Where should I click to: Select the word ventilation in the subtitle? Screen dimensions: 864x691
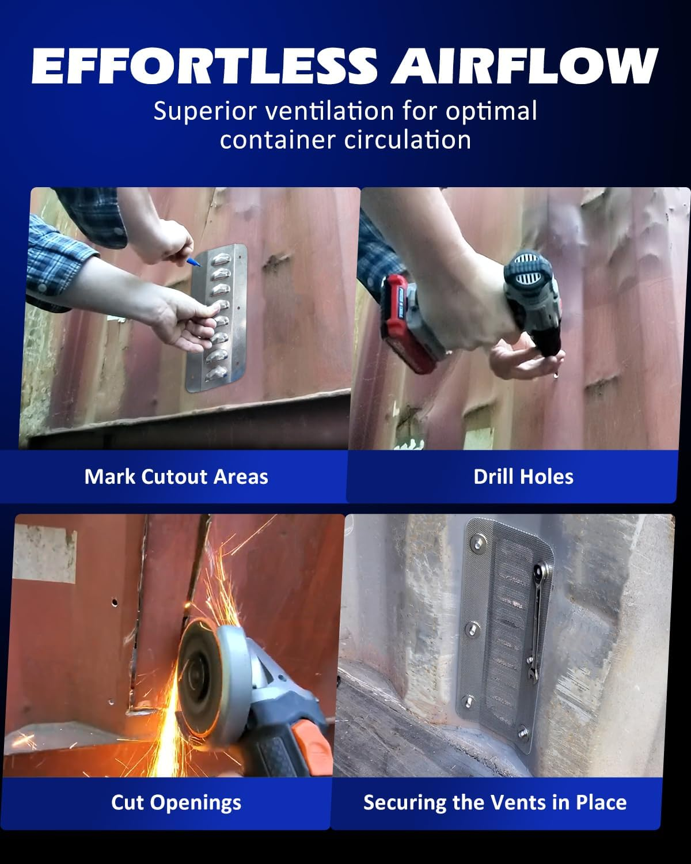pyautogui.click(x=331, y=111)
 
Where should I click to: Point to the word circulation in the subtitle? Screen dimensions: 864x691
pyautogui.click(x=408, y=140)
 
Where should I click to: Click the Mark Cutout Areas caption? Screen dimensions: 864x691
pyautogui.click(x=176, y=477)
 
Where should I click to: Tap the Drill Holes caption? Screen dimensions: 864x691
pyautogui.click(x=523, y=477)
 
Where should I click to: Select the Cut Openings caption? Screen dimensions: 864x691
pyautogui.click(x=176, y=802)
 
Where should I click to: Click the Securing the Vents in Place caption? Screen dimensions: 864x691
pyautogui.click(x=495, y=802)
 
